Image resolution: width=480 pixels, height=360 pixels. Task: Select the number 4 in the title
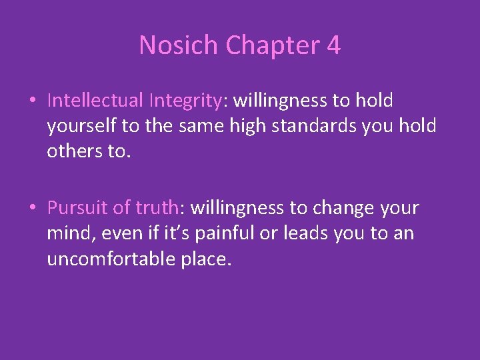(333, 45)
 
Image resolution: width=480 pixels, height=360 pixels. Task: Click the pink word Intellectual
(95, 100)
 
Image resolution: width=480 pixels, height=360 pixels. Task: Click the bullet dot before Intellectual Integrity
(33, 101)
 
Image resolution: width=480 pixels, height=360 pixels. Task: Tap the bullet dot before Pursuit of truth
(33, 208)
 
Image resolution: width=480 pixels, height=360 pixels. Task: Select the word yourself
(77, 125)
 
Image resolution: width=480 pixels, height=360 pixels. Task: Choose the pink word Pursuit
(77, 208)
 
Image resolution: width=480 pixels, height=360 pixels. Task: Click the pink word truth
(157, 208)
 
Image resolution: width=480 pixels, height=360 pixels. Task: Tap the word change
(337, 208)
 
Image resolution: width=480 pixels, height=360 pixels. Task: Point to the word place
(206, 258)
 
